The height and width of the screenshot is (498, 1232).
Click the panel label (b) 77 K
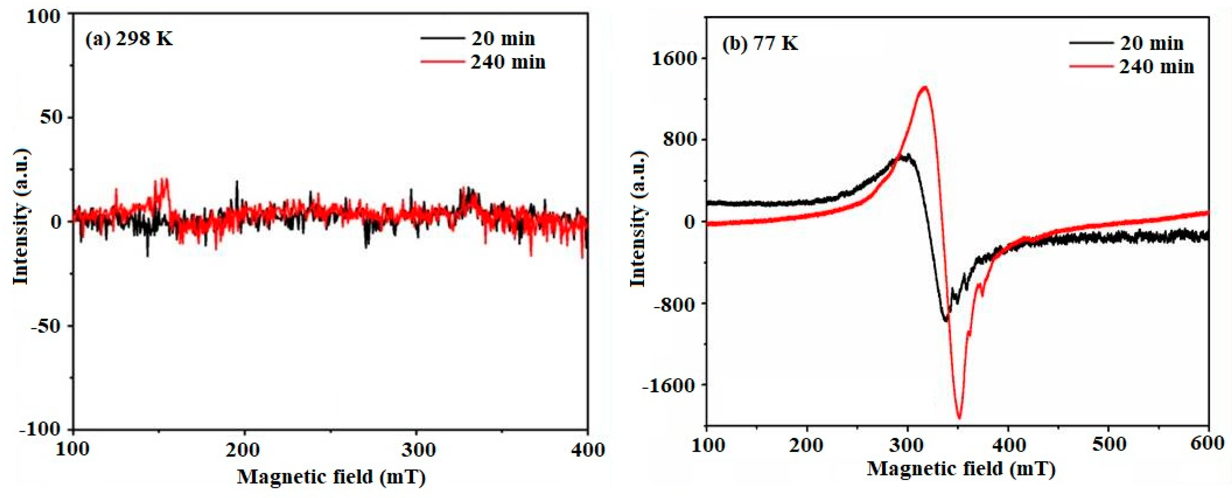(760, 44)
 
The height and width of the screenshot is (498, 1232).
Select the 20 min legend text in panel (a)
(503, 39)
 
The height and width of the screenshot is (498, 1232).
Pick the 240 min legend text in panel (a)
(508, 62)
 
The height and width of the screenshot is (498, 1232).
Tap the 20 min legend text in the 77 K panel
(1152, 44)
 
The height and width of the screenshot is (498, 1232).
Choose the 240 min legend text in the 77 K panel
(1157, 67)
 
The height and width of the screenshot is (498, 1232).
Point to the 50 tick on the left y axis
(51, 118)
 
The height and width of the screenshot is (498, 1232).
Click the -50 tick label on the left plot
(47, 326)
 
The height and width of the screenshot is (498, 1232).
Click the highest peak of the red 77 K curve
(925, 87)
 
